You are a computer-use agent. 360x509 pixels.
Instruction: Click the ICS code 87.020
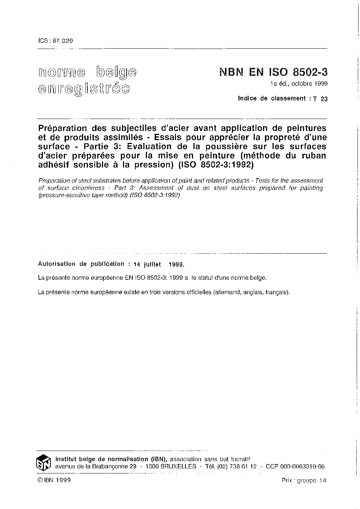63,41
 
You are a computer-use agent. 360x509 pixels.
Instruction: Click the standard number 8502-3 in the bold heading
310,72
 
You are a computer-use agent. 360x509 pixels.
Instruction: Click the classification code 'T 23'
321,99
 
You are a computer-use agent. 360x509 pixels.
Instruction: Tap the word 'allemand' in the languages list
227,292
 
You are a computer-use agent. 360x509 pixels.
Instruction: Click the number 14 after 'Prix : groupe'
323,480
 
